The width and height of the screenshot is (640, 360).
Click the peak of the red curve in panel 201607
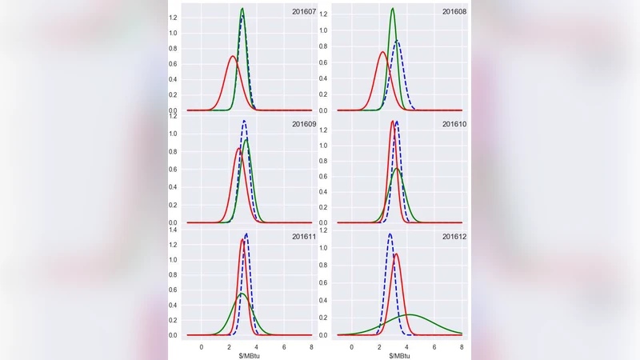[232, 56]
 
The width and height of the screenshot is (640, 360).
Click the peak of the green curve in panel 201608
[392, 9]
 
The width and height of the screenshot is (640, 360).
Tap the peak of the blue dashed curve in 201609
[245, 121]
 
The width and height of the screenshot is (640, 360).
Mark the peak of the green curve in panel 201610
[397, 168]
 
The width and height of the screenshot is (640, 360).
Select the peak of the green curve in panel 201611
[242, 294]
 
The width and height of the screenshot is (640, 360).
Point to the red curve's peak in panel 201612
[396, 254]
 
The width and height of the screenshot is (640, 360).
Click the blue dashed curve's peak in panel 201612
[390, 234]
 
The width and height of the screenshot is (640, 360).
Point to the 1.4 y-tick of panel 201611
[173, 230]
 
